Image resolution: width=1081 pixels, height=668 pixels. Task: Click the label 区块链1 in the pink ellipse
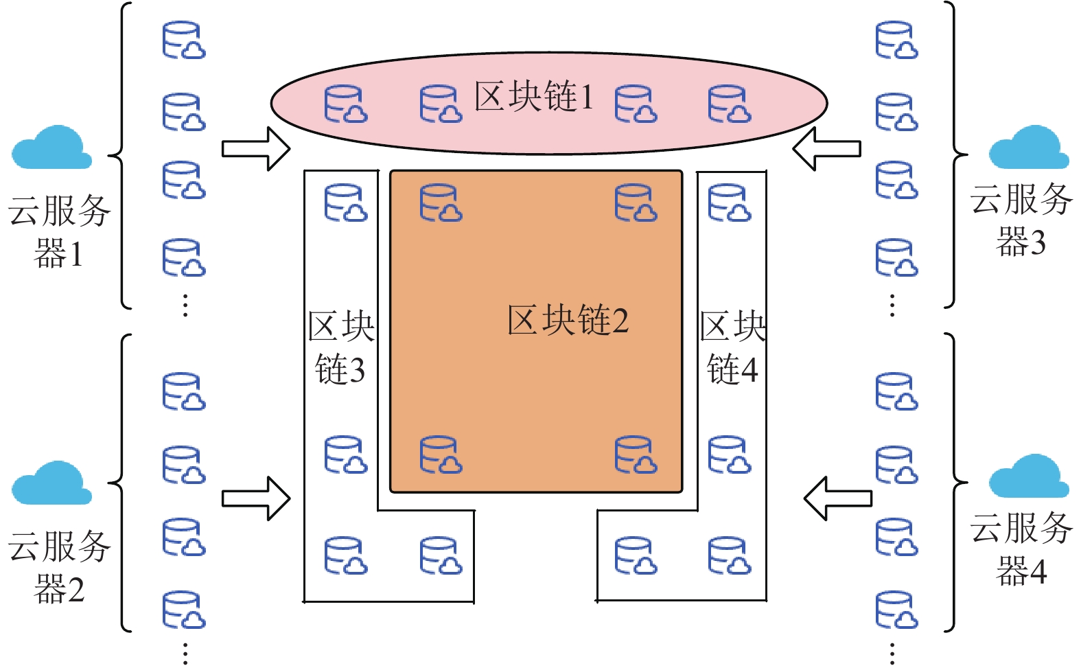point(533,96)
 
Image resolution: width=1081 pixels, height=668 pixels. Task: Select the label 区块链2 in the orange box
point(568,320)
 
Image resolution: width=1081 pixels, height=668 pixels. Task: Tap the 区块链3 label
point(340,347)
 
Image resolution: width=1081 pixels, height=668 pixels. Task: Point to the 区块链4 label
point(732,347)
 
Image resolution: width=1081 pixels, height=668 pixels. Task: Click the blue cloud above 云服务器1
point(51,148)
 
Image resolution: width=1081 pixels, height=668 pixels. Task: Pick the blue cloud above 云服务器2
point(51,483)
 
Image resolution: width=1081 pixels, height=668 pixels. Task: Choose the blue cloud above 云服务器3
point(1028,148)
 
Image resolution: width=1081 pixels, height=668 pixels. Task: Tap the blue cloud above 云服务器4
point(1028,476)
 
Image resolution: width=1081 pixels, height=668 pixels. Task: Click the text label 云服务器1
point(59,231)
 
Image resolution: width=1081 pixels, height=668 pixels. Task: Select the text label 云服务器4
point(1021,549)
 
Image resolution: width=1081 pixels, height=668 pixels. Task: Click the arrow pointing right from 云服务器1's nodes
point(256,148)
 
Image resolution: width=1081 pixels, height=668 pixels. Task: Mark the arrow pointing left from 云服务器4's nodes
point(837,498)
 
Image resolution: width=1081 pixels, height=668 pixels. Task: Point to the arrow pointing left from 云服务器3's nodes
point(826,148)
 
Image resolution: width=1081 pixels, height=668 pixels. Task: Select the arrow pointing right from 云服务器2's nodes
point(256,498)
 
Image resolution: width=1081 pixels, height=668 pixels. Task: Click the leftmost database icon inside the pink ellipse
point(345,104)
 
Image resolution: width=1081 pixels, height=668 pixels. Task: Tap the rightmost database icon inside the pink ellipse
point(729,104)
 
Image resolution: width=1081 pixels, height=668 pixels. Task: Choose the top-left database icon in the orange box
point(441,203)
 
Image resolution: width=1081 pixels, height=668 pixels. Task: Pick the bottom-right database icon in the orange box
point(636,454)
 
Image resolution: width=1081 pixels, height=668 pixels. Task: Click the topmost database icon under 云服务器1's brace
point(183,40)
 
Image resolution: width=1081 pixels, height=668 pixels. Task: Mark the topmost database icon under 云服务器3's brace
point(896,40)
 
